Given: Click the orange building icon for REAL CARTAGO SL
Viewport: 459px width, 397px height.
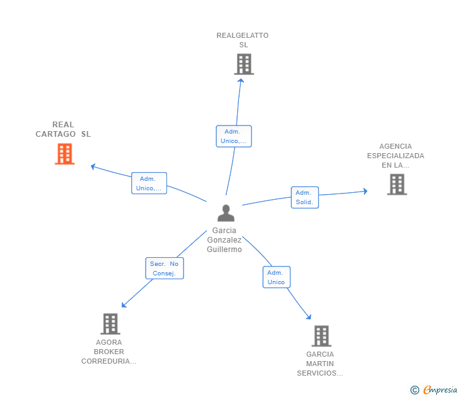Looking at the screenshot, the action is point(65,154).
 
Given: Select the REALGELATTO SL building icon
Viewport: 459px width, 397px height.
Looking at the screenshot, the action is point(244,64).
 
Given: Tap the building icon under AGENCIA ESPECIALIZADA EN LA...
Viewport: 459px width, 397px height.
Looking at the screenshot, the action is point(397,184).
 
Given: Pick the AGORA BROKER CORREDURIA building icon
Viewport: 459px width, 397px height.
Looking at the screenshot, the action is point(110,324).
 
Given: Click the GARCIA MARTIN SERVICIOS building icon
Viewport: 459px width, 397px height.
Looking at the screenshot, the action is point(322,336).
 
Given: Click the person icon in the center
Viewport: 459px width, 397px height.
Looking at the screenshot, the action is point(226,213).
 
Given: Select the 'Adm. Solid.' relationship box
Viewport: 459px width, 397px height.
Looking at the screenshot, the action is point(305,197).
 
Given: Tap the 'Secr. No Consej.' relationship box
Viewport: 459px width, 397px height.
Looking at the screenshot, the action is point(165,268).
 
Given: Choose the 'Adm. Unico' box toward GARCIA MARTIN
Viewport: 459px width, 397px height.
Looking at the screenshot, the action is point(276,277).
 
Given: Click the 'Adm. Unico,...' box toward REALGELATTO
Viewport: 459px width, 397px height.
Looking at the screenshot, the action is point(233,136).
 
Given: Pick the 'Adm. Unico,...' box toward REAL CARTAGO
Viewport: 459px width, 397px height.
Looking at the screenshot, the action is point(149,183).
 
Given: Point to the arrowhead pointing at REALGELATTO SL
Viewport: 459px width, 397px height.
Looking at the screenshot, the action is point(241,81).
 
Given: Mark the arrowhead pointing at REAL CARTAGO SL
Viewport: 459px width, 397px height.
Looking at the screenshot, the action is point(93,166).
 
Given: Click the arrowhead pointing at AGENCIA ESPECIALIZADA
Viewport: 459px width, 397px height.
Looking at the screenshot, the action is point(365,192).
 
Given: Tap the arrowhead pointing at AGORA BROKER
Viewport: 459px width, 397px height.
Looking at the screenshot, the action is point(124,305).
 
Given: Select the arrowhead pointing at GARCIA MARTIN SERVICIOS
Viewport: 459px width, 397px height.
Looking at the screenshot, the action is point(308,317).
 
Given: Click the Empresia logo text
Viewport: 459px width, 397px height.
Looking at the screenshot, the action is point(440,389).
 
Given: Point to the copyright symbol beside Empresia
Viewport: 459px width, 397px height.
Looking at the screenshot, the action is point(415,390).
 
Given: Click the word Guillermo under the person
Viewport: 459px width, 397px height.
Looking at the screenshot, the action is point(224,250).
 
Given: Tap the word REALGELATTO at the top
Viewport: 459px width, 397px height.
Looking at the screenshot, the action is point(242,35).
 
